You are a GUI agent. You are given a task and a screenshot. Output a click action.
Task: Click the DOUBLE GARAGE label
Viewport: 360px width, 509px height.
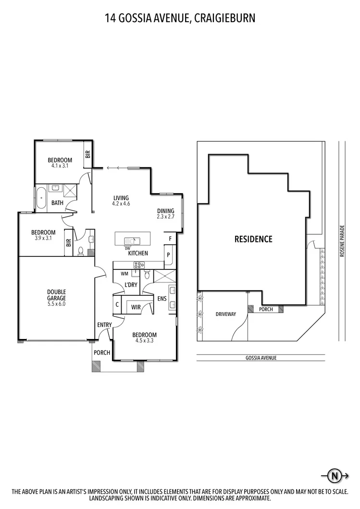point(56,294)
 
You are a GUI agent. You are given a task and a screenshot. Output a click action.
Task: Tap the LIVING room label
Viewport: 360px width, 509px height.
point(121,197)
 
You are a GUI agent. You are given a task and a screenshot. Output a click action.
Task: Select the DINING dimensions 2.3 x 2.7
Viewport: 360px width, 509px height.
point(167,217)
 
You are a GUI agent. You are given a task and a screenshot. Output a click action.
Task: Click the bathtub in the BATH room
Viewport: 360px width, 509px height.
point(41,198)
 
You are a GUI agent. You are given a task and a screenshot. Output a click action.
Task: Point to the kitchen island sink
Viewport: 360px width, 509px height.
point(131,241)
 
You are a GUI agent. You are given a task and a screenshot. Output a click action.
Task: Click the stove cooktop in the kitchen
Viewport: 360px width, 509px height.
point(139,265)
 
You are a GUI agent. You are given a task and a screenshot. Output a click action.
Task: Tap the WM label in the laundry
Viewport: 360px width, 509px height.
point(124,274)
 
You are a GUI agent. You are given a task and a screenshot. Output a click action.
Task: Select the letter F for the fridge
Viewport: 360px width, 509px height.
point(170,238)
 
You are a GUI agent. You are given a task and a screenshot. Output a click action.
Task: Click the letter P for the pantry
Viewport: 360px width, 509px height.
point(169,255)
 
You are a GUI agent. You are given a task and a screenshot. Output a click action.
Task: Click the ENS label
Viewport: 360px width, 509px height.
point(161,299)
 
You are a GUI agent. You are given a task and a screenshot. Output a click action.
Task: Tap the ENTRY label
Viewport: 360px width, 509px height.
point(104,325)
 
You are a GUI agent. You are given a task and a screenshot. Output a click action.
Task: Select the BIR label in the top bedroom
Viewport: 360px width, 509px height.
point(87,154)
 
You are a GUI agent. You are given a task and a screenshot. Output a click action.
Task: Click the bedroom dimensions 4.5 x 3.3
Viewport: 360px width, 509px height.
point(145,341)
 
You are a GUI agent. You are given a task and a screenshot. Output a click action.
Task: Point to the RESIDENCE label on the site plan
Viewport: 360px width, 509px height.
point(253,239)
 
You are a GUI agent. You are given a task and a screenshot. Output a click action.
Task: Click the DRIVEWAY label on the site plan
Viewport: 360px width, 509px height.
point(225,314)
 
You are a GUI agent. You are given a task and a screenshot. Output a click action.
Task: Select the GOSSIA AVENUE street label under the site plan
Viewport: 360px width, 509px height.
point(260,358)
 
